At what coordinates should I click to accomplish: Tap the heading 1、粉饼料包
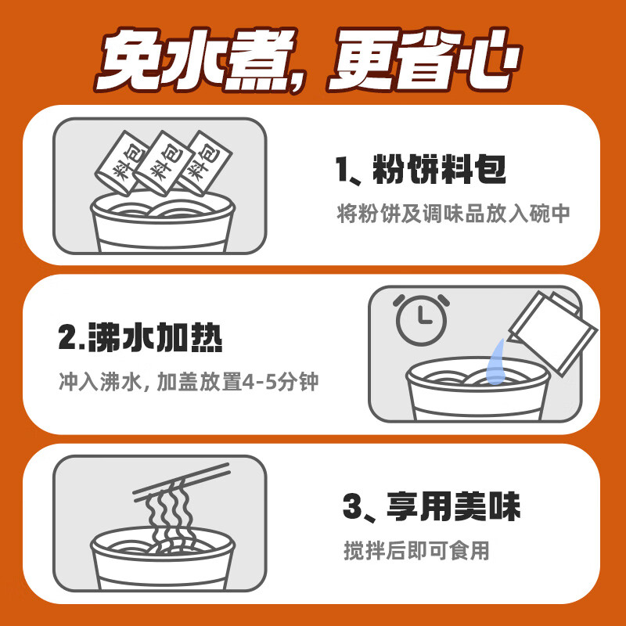tap(419, 170)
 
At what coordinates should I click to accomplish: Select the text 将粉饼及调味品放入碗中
tap(452, 214)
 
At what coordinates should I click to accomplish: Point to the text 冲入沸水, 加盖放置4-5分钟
tap(189, 383)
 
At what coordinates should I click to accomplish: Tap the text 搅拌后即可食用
tap(416, 551)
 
